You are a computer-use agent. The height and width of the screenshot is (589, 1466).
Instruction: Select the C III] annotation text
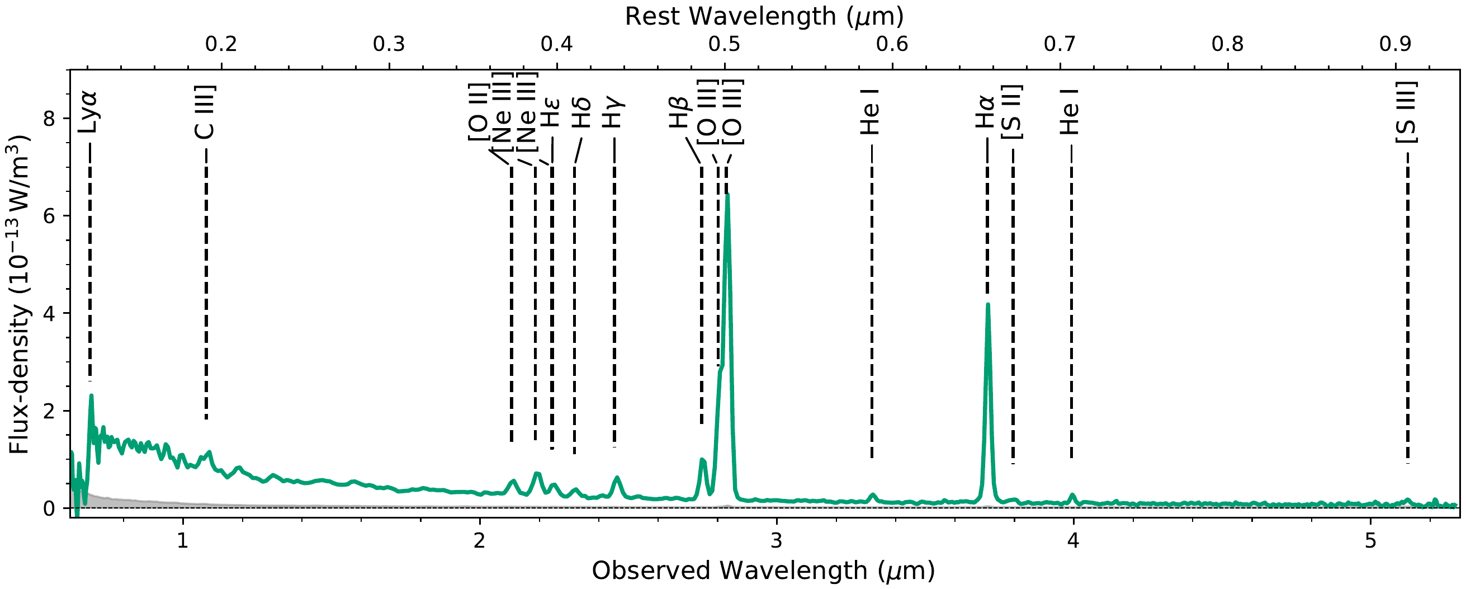point(205,112)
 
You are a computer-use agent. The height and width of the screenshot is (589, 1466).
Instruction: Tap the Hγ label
point(614,112)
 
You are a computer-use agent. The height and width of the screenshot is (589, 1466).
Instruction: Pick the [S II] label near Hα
point(1012,112)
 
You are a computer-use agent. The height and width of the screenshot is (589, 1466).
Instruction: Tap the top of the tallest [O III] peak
point(727,195)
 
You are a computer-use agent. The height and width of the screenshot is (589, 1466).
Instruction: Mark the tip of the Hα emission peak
point(988,304)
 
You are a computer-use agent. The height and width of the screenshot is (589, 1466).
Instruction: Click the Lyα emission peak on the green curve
point(91,395)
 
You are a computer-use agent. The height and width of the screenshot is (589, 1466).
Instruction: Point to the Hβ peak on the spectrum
point(702,460)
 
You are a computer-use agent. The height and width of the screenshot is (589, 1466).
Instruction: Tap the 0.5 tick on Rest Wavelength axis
point(725,44)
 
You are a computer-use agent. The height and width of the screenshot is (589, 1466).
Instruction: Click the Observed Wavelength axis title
point(763,571)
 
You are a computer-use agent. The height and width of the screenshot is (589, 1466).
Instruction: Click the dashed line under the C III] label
point(206,285)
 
